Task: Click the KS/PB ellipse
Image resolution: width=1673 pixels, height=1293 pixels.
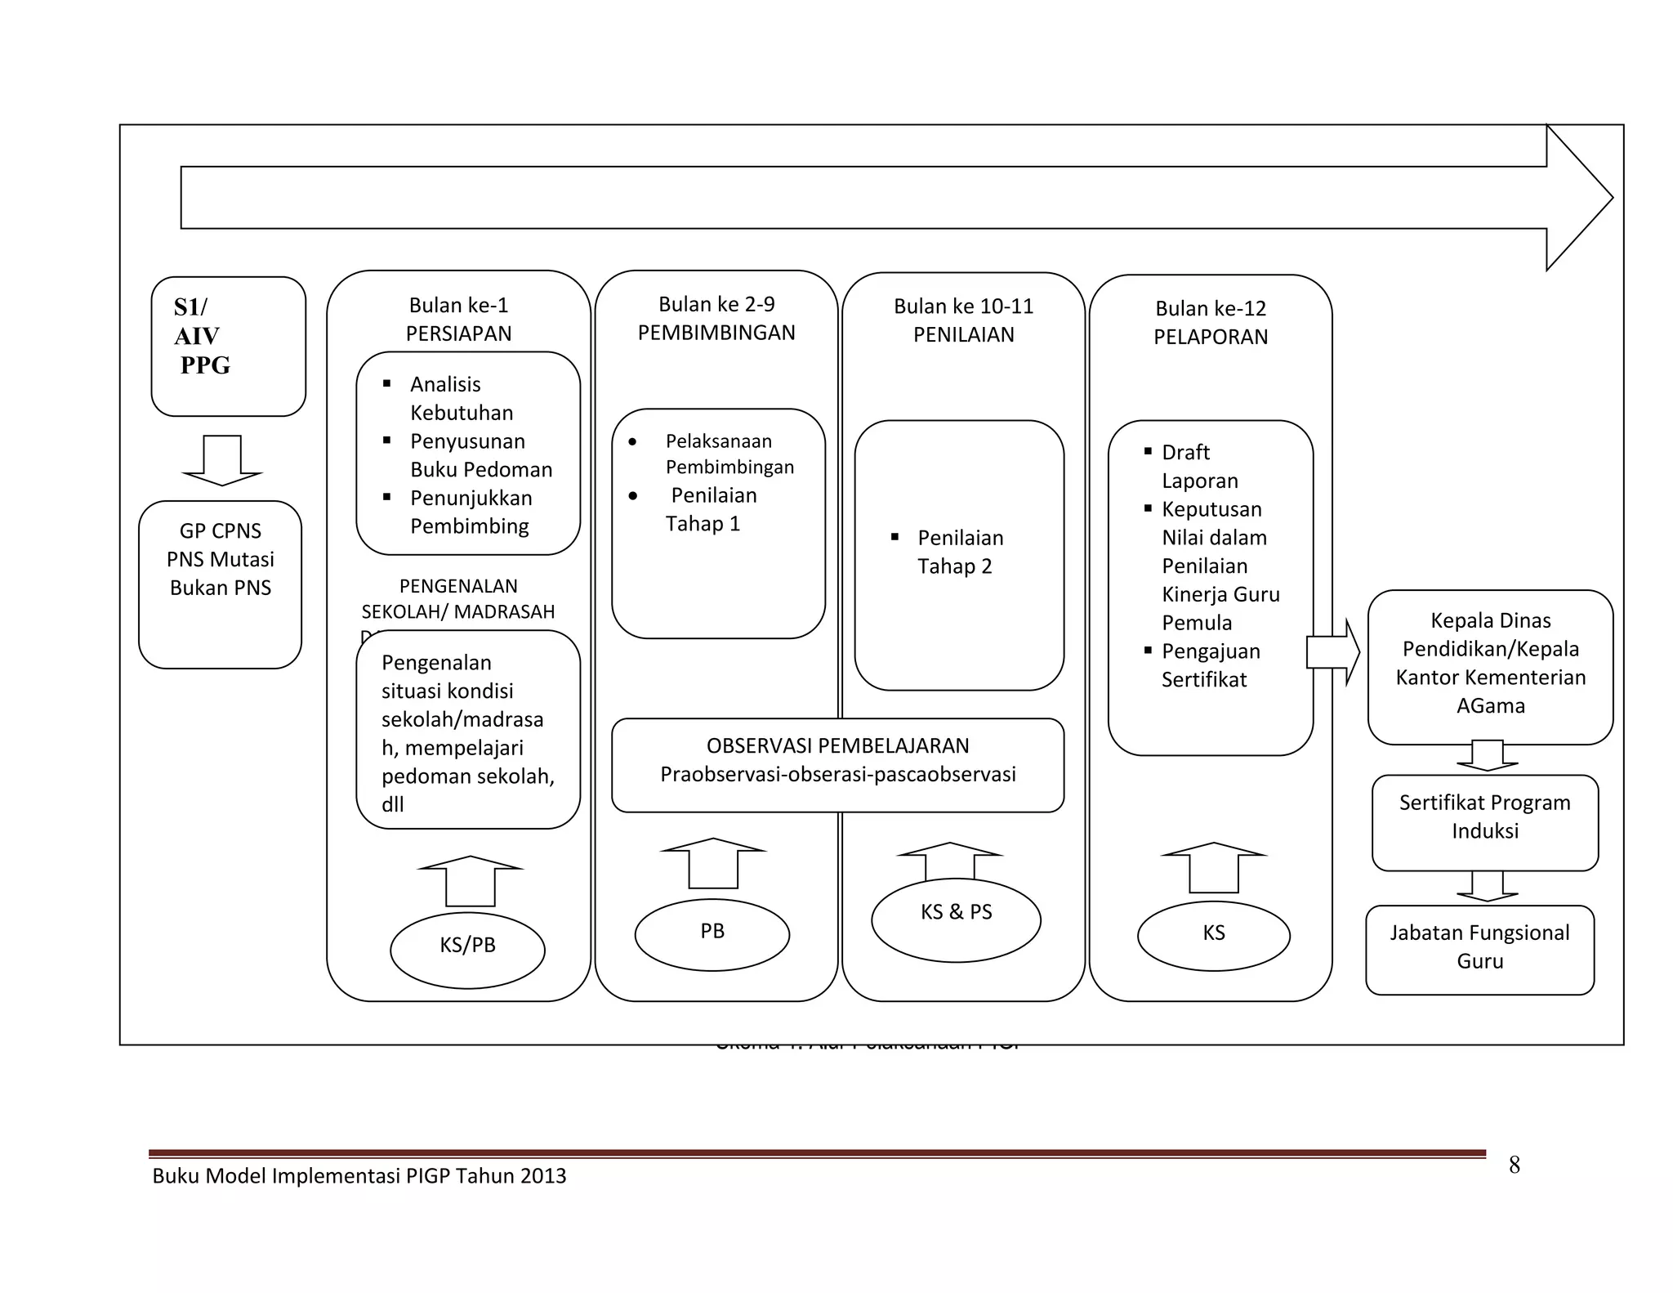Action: [467, 949]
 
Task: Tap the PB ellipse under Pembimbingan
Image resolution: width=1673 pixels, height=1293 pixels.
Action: [712, 934]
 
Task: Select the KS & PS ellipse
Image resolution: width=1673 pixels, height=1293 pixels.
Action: [956, 919]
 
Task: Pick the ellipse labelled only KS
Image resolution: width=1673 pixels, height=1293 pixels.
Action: [1214, 936]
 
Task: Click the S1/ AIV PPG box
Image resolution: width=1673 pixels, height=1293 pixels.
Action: [228, 346]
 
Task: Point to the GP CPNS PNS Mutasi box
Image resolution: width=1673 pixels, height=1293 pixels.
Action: [221, 584]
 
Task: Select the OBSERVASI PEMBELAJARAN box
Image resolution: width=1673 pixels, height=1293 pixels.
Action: [837, 765]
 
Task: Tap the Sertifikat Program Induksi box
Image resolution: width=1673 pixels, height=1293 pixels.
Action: [1484, 821]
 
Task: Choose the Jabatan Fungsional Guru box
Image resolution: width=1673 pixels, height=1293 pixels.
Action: [1479, 949]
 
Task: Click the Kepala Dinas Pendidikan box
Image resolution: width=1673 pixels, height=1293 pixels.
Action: [1490, 666]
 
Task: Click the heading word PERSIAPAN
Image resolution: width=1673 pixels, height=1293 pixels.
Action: [458, 333]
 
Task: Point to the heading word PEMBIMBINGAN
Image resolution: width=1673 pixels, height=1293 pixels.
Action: [716, 333]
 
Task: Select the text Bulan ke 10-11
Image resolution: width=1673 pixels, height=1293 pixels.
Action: [963, 306]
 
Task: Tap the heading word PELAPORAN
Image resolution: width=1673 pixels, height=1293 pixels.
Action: [1211, 337]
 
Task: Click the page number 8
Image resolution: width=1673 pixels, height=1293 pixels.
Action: [1514, 1165]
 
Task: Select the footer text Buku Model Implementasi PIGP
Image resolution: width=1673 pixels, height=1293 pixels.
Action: [359, 1176]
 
